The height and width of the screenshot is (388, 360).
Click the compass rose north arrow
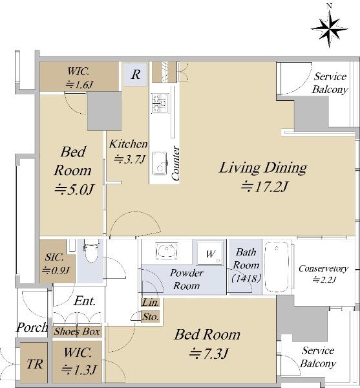tap(329, 27)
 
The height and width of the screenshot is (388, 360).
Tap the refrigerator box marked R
tap(136, 74)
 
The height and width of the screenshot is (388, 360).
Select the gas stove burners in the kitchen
tap(160, 103)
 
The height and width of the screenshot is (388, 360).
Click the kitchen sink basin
tap(160, 164)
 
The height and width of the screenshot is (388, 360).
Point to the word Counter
tap(175, 163)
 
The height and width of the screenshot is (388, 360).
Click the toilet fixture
tap(90, 250)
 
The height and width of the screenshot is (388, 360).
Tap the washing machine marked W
tap(210, 253)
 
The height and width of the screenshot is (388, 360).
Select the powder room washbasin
tap(167, 250)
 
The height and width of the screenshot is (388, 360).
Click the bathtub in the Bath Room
tap(277, 266)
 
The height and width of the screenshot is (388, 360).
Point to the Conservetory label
tap(323, 269)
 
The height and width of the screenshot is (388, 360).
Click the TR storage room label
tap(35, 364)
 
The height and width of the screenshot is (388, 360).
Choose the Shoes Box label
tap(77, 332)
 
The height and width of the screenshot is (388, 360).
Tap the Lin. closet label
tap(151, 303)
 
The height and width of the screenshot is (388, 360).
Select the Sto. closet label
tap(151, 317)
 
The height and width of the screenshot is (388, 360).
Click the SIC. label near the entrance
tap(54, 257)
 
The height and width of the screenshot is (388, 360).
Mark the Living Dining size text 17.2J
tap(264, 187)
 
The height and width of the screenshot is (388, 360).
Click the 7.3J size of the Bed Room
tap(208, 353)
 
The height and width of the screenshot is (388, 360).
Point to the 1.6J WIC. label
tap(79, 85)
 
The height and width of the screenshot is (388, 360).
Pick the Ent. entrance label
tap(85, 301)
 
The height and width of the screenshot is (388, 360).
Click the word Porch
tap(32, 327)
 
